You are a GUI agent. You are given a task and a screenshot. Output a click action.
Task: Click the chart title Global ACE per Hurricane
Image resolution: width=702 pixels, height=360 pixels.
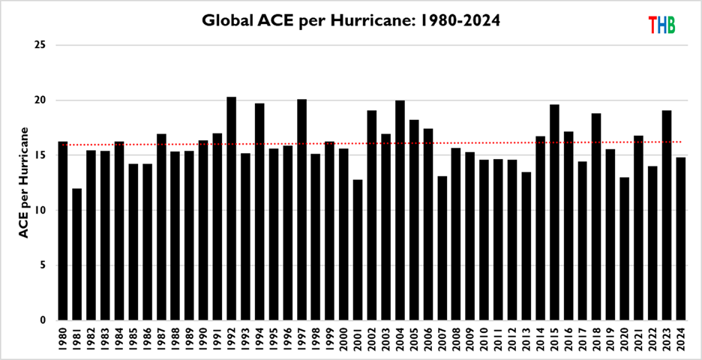coord(351,20)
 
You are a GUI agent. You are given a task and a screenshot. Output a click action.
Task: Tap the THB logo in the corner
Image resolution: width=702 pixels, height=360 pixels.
coord(661,25)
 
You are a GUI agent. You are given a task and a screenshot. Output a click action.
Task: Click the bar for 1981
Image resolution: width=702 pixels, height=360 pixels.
coord(76,254)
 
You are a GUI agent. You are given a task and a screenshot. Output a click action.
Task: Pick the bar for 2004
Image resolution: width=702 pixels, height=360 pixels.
coord(400,210)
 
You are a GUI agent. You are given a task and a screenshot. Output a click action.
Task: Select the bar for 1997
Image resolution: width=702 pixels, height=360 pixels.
coord(301,209)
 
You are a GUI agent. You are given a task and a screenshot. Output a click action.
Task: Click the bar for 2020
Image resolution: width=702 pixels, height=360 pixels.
coord(624,248)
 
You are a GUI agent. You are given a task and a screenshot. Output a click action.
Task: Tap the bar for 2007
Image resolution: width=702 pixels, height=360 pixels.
coord(442,248)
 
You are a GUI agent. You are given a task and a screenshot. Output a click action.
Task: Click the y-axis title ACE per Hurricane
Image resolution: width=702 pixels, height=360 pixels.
coord(23,182)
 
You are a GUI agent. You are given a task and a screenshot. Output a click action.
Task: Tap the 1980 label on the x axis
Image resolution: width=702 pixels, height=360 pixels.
coord(63,339)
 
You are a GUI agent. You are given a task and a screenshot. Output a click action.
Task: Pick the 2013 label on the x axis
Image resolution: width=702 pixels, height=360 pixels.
coord(526,339)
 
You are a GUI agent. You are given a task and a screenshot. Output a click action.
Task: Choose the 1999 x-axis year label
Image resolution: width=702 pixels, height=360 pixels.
coord(329,339)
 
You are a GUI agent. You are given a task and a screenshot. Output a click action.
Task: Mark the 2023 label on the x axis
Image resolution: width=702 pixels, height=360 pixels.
coord(666,339)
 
